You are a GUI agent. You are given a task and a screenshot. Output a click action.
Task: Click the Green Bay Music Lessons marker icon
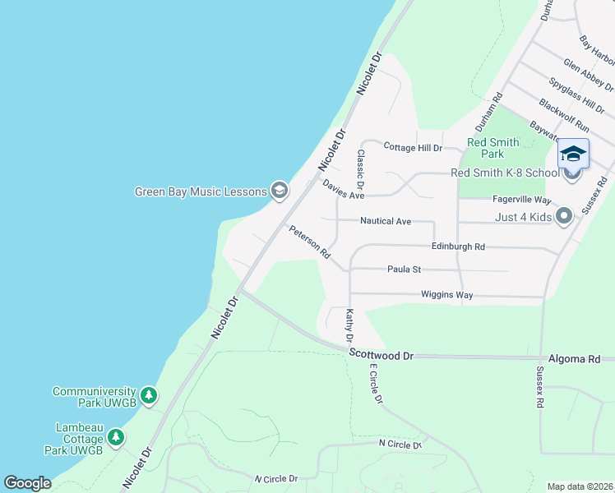pyautogui.click(x=280, y=191)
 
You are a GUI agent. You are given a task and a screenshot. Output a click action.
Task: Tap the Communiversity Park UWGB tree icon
pyautogui.click(x=149, y=397)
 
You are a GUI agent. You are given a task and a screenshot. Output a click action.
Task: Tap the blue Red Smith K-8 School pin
pyautogui.click(x=573, y=157)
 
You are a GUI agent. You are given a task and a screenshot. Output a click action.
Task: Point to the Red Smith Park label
pyautogui.click(x=492, y=148)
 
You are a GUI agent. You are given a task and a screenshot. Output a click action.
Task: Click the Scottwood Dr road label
pyautogui.click(x=381, y=355)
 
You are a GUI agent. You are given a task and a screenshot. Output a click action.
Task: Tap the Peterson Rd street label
pyautogui.click(x=309, y=243)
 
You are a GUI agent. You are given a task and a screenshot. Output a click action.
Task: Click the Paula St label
pyautogui.click(x=404, y=269)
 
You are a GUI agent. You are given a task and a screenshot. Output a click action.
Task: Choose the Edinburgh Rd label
pyautogui.click(x=458, y=246)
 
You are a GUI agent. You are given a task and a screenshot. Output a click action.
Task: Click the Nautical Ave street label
pyautogui.click(x=386, y=221)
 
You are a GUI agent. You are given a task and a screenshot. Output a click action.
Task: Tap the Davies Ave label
pyautogui.click(x=343, y=190)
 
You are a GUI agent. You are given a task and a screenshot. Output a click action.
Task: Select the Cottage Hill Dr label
pyautogui.click(x=414, y=148)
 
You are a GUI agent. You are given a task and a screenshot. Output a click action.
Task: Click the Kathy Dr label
pyautogui.click(x=349, y=325)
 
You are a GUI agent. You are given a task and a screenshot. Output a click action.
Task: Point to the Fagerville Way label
pyautogui.click(x=521, y=200)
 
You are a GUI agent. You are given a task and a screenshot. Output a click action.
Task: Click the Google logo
pyautogui.click(x=27, y=483)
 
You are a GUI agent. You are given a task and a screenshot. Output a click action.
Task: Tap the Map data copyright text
pyautogui.click(x=580, y=486)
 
